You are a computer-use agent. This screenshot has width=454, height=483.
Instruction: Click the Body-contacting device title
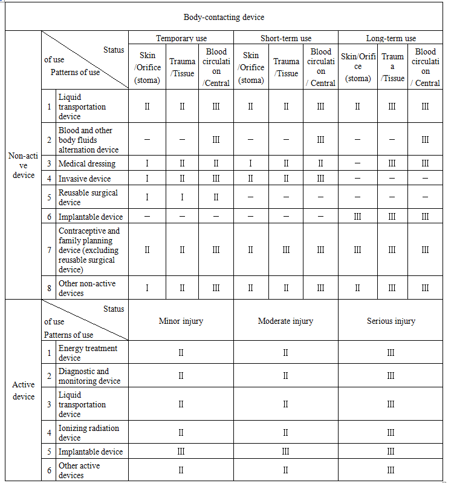point(224,18)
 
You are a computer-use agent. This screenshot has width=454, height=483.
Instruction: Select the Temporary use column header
point(181,38)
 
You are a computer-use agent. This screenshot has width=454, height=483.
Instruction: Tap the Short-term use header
point(285,38)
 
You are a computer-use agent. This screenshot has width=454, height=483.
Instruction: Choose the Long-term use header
point(391,38)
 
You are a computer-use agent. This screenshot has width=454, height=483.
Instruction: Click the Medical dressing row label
point(86,163)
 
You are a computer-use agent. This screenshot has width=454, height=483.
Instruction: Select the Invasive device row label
point(85,179)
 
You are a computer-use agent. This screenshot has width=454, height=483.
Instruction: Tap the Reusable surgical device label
point(88,197)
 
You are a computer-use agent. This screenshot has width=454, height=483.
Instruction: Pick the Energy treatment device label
point(88,353)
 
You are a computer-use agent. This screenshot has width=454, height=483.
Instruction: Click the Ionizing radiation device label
point(88,433)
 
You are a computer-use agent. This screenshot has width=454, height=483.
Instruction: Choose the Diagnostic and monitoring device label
point(89,376)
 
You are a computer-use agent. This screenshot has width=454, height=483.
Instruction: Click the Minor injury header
point(181,321)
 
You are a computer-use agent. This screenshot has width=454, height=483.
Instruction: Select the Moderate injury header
point(285,321)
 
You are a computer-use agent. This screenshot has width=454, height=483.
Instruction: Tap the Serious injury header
point(391,321)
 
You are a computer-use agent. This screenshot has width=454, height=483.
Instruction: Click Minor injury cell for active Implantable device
point(181,452)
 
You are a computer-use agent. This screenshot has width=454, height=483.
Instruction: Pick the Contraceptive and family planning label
point(89,250)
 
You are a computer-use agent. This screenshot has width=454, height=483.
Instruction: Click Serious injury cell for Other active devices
point(391,470)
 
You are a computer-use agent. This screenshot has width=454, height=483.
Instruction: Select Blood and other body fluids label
point(88,140)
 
